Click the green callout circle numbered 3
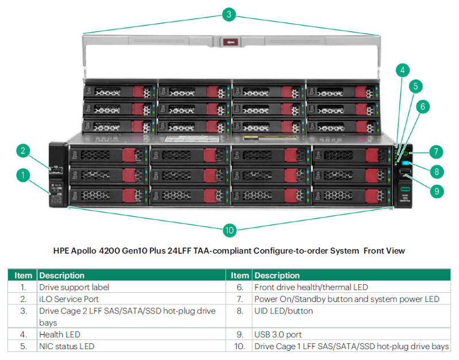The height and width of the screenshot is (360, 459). tap(229, 15)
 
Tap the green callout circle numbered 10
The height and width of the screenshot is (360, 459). tap(229, 230)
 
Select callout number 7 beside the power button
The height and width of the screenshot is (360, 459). tap(436, 152)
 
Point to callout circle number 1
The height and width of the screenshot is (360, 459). tap(22, 175)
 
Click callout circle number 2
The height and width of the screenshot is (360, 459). tap(22, 151)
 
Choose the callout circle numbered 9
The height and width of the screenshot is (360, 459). tap(437, 191)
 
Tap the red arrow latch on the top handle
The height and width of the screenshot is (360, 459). tap(231, 42)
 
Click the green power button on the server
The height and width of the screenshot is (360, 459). tap(406, 154)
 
